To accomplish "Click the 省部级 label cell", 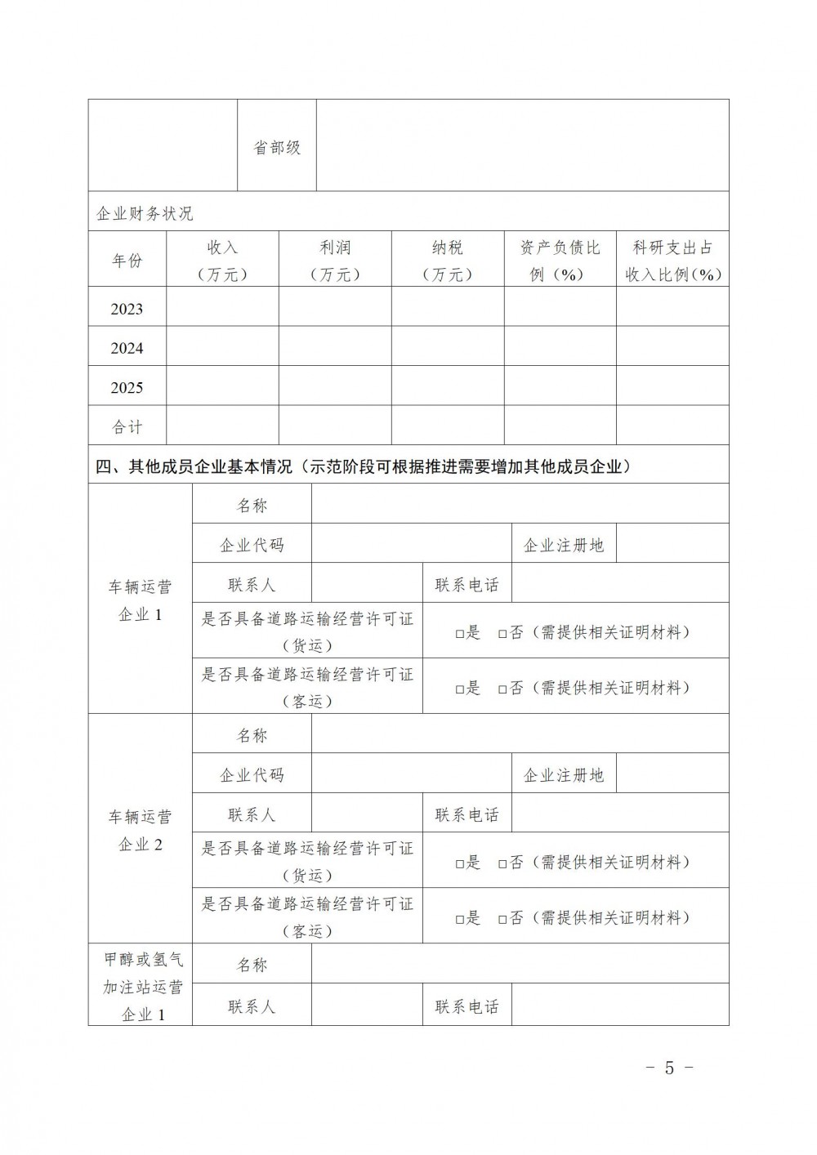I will pyautogui.click(x=277, y=148).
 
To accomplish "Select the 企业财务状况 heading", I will pyautogui.click(x=145, y=214).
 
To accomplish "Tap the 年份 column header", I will pyautogui.click(x=127, y=260).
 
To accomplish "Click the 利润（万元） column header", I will pyautogui.click(x=335, y=260).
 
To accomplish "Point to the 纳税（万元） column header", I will pyautogui.click(x=448, y=260).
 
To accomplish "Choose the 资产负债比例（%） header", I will pyautogui.click(x=560, y=260).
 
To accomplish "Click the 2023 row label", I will pyautogui.click(x=127, y=309).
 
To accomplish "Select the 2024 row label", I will pyautogui.click(x=127, y=348).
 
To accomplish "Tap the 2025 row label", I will pyautogui.click(x=127, y=387).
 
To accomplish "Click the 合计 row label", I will pyautogui.click(x=127, y=426).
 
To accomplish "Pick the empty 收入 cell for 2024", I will pyautogui.click(x=222, y=348).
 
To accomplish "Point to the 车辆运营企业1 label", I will pyautogui.click(x=141, y=600).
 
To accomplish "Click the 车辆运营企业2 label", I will pyautogui.click(x=141, y=830).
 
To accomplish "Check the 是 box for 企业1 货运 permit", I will pyautogui.click(x=460, y=633).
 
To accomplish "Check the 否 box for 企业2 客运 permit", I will pyautogui.click(x=503, y=919).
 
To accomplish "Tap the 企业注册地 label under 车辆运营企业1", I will pyautogui.click(x=563, y=545).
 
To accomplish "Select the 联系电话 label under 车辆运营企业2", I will pyautogui.click(x=467, y=815).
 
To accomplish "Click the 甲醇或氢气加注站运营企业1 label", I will pyautogui.click(x=141, y=987).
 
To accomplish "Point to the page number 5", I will pyautogui.click(x=669, y=1068).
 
